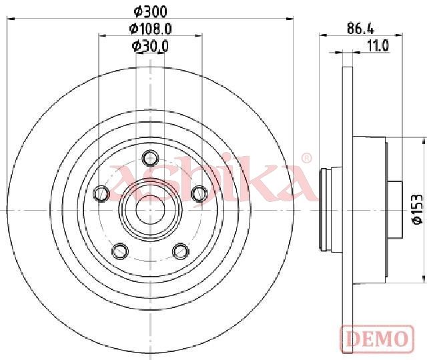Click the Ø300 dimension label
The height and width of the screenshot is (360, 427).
point(150,12)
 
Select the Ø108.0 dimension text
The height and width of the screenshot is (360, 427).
point(150,29)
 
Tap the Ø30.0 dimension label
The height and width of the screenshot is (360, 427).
point(150,46)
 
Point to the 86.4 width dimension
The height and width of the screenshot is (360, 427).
point(360,28)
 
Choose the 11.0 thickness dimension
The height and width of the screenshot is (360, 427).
point(378,46)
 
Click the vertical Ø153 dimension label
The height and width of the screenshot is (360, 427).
point(418,209)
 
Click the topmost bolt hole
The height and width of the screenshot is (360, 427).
point(150,158)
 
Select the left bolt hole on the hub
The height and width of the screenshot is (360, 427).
point(101,194)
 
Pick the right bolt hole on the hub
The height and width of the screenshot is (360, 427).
point(199,194)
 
